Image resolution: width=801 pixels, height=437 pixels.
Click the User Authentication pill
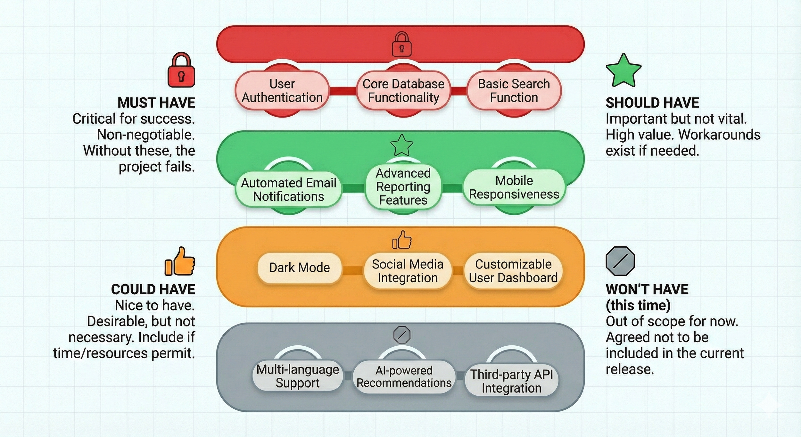pos(282,91)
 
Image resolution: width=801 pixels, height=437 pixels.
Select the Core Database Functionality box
pos(403,91)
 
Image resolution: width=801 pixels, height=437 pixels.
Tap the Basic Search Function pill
pos(514,91)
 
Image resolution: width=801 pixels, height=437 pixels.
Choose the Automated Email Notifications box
pos(288,190)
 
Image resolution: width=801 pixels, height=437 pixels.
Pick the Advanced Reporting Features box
pos(403,187)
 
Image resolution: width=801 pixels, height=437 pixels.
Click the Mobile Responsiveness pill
pos(514,187)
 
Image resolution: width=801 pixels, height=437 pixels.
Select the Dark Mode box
pos(299,268)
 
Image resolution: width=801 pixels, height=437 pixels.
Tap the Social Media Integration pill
pos(408,271)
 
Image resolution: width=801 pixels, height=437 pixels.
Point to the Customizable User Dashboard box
pos(513,271)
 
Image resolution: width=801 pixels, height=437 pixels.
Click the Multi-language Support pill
pos(298,376)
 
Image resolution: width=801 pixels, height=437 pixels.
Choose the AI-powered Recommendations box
pos(404,377)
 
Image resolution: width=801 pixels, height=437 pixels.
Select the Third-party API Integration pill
pos(511,381)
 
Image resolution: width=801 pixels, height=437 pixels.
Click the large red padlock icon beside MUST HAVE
pos(181,70)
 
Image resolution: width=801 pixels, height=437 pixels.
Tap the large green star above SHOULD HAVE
pos(623,71)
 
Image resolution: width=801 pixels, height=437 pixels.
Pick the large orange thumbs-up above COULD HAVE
pos(180,262)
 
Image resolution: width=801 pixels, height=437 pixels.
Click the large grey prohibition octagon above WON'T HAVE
pos(620,261)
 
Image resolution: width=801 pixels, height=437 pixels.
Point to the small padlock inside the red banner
pos(402,45)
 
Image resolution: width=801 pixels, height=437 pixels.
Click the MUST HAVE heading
pos(156,103)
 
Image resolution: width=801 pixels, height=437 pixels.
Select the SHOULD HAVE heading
pos(652,103)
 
